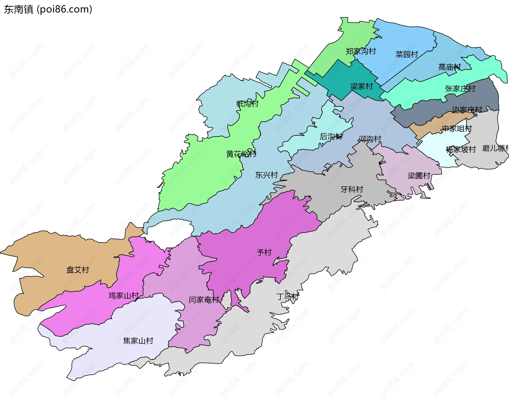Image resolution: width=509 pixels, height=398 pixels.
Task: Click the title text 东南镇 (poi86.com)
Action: click(48, 10)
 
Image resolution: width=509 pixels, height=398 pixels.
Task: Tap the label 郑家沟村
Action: click(361, 51)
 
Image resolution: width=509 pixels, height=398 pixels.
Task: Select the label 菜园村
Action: click(407, 55)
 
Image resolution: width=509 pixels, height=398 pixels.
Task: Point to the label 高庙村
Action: click(449, 67)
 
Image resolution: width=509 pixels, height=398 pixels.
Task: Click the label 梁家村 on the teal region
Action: click(361, 87)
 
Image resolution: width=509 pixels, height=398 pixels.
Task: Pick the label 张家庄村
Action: click(460, 89)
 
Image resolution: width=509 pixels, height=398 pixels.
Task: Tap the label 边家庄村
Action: click(467, 110)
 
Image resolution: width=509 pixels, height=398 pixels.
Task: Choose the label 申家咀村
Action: click(457, 129)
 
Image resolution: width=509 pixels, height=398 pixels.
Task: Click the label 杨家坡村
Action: click(461, 150)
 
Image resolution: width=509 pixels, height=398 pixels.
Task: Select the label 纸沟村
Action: click(247, 104)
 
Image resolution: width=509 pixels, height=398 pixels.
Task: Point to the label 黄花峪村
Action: click(241, 154)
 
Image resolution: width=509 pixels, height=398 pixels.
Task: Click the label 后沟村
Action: click(331, 137)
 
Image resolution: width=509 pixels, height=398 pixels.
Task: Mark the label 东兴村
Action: click(266, 175)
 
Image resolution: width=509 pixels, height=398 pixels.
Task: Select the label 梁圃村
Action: click(419, 176)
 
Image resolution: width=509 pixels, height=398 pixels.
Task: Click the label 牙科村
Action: click(352, 190)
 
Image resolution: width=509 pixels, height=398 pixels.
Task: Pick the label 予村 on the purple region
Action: click(264, 253)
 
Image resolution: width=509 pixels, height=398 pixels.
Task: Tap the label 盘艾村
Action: click(78, 270)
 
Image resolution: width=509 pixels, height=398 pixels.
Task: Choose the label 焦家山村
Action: click(138, 341)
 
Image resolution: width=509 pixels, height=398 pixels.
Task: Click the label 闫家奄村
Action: click(204, 300)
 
